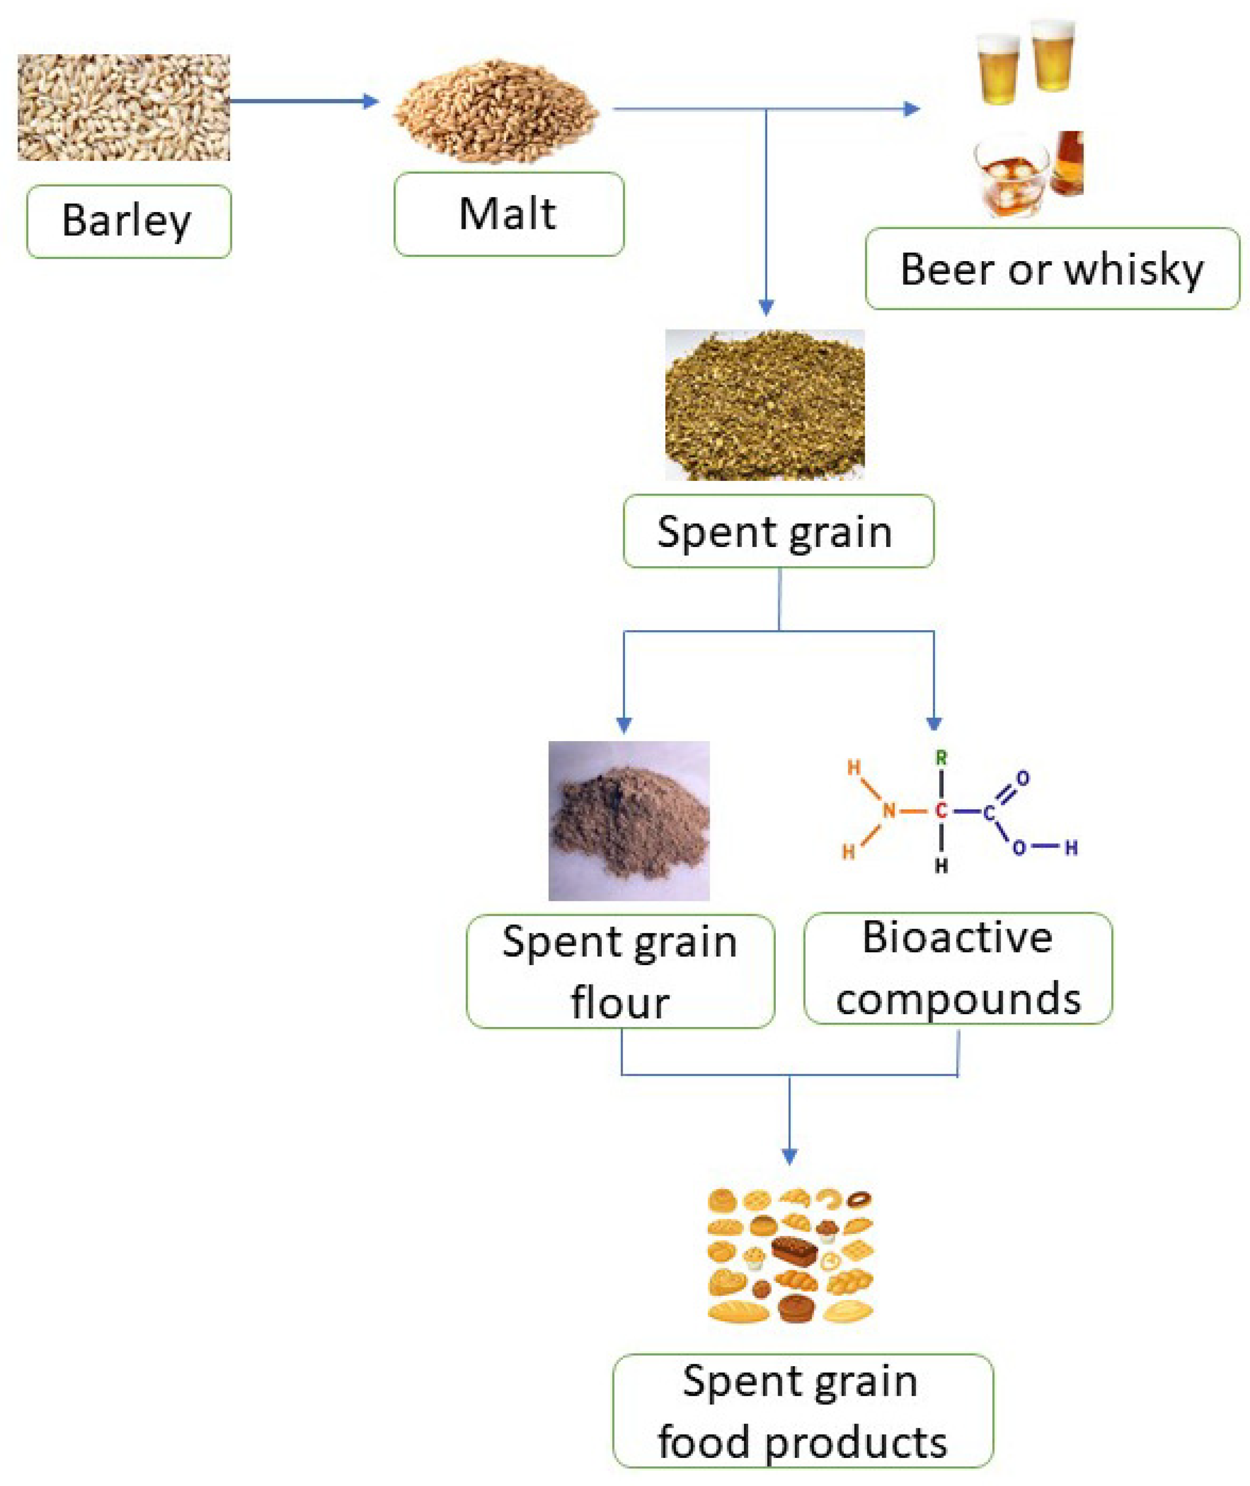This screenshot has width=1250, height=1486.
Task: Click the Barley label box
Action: click(x=128, y=221)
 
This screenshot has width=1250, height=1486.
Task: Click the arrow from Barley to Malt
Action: click(x=305, y=101)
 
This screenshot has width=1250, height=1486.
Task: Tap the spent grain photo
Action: click(x=764, y=405)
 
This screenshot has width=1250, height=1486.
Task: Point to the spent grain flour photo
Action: click(x=628, y=821)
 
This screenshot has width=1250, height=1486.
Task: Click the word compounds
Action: click(x=958, y=999)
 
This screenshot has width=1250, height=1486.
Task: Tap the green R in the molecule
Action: click(x=941, y=758)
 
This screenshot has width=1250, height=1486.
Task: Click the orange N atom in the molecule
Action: click(x=889, y=811)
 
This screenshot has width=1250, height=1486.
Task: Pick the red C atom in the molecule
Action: click(x=941, y=811)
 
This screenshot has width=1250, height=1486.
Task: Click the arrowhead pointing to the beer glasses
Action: click(x=912, y=108)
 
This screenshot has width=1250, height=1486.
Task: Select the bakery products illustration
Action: click(x=790, y=1256)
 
